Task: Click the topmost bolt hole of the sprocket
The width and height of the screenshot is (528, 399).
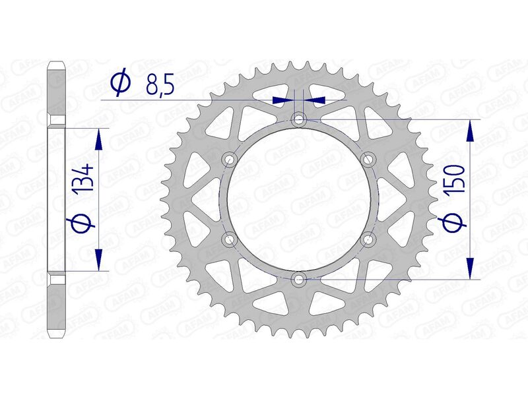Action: (x=300, y=120)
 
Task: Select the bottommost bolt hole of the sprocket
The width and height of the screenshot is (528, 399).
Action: (x=300, y=279)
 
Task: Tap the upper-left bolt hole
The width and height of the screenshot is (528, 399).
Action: (x=230, y=159)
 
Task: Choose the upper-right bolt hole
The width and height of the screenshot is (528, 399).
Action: (x=368, y=159)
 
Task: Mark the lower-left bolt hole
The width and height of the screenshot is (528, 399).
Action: (x=230, y=239)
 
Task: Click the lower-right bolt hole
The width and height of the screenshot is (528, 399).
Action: (x=368, y=239)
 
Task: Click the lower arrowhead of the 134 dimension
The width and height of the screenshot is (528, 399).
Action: (x=98, y=260)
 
